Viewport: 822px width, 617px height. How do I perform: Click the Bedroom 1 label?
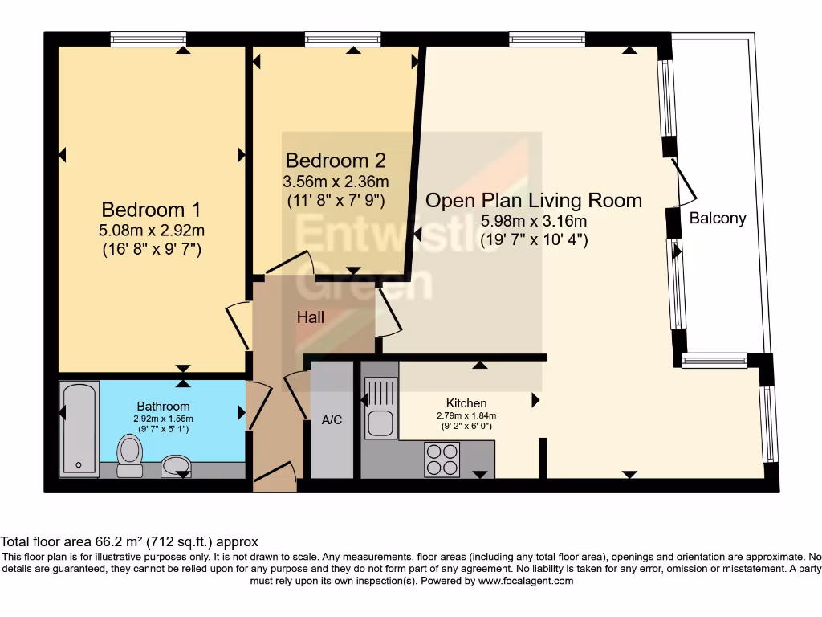(151, 210)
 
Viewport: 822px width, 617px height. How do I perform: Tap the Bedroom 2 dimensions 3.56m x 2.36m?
(336, 182)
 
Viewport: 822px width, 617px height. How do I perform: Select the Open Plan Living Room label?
(534, 200)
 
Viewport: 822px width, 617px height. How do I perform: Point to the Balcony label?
(718, 218)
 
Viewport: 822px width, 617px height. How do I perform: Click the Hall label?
(311, 317)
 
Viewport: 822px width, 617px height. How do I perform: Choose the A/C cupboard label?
(332, 419)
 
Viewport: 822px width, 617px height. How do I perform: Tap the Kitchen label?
(466, 403)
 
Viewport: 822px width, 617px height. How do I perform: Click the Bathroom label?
(163, 406)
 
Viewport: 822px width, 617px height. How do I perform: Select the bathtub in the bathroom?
(79, 429)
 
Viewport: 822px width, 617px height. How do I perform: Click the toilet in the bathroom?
(130, 456)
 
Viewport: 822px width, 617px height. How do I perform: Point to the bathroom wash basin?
(176, 466)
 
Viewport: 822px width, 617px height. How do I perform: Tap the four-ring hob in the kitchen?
(442, 460)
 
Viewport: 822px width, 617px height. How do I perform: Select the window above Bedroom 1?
(149, 39)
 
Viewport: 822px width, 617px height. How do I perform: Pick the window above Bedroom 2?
(343, 39)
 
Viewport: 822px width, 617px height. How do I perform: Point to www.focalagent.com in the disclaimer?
(526, 581)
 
